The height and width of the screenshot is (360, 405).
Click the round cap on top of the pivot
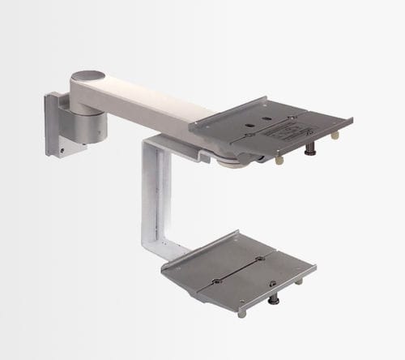point(88,75)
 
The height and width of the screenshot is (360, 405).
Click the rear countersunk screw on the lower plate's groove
point(258,259)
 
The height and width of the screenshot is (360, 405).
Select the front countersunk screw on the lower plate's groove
point(217,282)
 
